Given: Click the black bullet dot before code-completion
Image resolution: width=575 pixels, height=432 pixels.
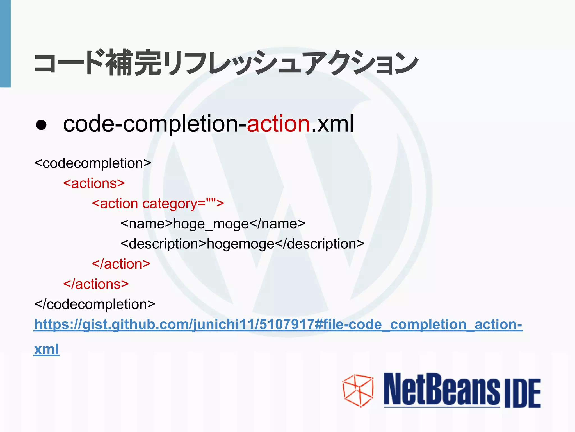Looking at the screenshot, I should [x=41, y=125].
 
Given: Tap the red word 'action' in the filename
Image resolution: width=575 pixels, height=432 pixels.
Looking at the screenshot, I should [x=278, y=124].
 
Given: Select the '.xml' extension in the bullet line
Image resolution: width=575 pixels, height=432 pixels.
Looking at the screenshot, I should [x=332, y=124].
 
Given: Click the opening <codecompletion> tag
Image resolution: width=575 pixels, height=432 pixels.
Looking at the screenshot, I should [x=93, y=163].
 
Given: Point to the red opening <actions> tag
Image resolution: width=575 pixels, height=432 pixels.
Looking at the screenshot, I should [x=94, y=183].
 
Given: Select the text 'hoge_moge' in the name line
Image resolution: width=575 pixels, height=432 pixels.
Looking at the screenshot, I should [x=211, y=224].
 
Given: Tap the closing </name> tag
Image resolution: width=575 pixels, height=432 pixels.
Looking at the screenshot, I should [x=277, y=224].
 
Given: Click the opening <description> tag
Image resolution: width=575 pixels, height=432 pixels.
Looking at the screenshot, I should [x=163, y=244].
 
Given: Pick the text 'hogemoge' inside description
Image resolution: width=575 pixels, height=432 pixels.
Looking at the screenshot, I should [x=240, y=244].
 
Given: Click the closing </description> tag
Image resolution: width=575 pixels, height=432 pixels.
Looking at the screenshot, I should [x=319, y=244].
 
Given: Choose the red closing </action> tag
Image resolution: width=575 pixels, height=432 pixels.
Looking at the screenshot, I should [x=121, y=264].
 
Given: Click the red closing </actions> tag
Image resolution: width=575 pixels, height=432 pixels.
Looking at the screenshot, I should [x=96, y=284].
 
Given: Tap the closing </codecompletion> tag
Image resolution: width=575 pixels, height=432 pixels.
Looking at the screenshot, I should [x=95, y=304].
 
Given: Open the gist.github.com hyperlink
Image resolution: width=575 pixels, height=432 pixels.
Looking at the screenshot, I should [x=278, y=325].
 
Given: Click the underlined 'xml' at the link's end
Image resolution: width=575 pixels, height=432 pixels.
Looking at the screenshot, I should [x=46, y=350].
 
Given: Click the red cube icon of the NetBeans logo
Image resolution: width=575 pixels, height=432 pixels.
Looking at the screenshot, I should [x=358, y=391].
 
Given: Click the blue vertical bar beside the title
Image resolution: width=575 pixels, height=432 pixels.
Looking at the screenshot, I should [x=5, y=44].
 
